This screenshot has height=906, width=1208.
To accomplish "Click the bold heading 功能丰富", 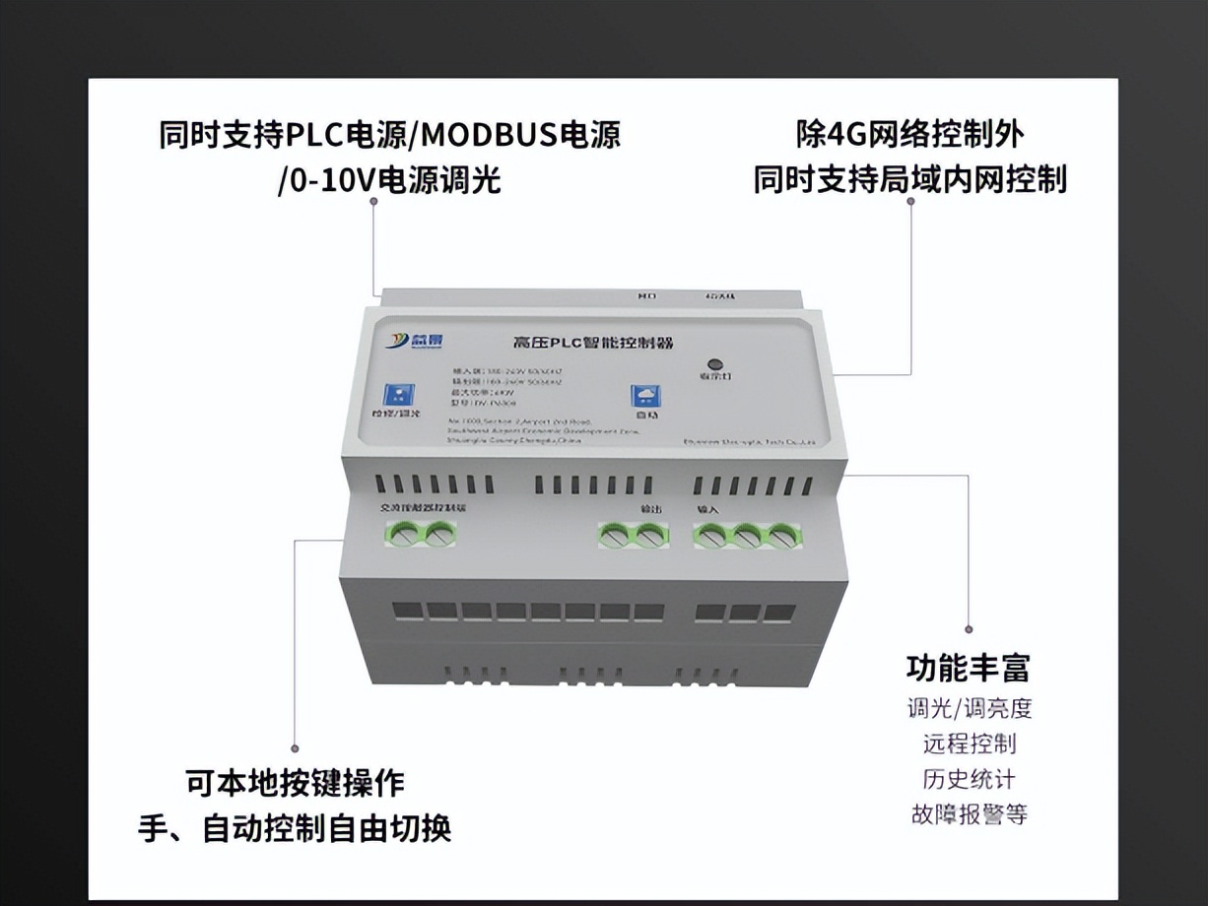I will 968,668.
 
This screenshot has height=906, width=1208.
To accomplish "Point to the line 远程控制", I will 969,744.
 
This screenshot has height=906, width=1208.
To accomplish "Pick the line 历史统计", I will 969,779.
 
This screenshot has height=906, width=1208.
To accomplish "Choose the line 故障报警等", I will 969,814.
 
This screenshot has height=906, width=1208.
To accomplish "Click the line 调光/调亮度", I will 969,708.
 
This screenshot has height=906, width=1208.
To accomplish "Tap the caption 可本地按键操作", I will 295,783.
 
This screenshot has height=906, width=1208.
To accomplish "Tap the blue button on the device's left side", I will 398,394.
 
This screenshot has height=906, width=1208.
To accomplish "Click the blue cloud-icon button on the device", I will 644,396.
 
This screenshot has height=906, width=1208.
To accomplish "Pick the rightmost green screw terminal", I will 781,537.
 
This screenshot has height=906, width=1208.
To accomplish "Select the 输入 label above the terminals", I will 708,510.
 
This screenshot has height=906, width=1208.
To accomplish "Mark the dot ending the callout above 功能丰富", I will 969,628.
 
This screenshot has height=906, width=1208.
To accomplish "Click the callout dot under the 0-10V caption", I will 373,201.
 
